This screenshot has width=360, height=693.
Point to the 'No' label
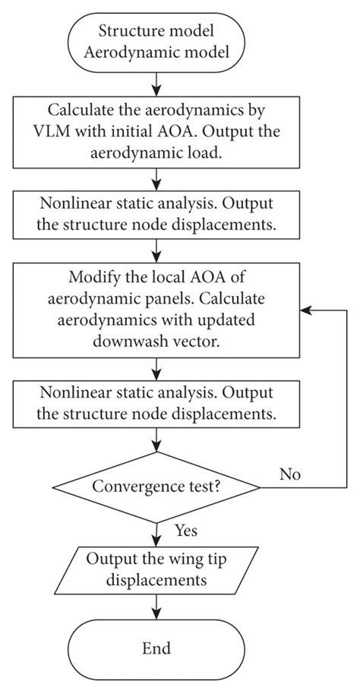point(289,474)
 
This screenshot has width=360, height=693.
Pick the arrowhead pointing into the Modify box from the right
point(305,310)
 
